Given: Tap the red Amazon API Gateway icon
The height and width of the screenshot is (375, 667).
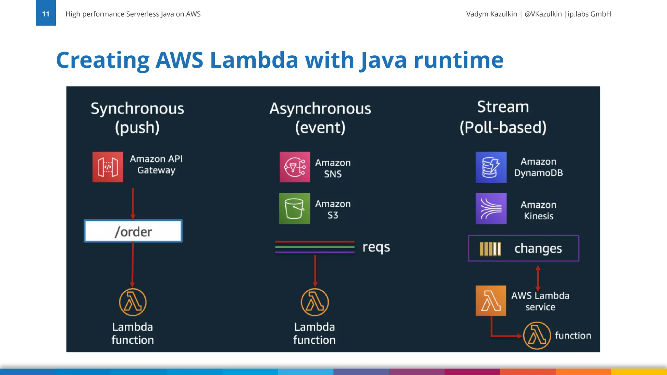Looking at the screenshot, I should click(108, 167).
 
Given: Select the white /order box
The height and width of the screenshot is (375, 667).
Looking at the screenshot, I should click(133, 231).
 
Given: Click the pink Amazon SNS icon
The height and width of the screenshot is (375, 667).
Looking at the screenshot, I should click(295, 167).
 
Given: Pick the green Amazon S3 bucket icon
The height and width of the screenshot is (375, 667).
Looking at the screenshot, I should click(294, 208).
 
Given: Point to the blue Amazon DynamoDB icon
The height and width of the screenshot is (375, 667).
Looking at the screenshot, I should click(491, 167).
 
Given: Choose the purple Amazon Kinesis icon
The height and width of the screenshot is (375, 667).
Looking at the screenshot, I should click(491, 208).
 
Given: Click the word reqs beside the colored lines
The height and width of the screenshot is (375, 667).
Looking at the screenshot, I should click(376, 247).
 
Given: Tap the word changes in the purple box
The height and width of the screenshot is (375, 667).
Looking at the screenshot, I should click(538, 248).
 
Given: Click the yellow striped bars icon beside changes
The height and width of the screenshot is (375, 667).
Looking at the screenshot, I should click(490, 249).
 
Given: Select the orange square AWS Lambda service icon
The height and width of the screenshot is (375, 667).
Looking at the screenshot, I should click(490, 300).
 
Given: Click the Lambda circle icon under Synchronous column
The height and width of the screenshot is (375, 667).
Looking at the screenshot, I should click(133, 302).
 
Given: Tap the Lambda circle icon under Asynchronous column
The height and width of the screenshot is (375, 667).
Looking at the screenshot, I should click(315, 302).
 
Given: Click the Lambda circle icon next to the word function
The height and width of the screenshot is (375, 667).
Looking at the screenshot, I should click(537, 336).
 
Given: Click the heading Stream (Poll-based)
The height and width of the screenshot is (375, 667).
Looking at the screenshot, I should click(503, 117).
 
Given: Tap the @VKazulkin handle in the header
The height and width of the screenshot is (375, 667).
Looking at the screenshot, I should click(543, 14).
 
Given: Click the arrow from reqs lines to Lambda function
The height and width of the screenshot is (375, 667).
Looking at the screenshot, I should click(315, 270).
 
